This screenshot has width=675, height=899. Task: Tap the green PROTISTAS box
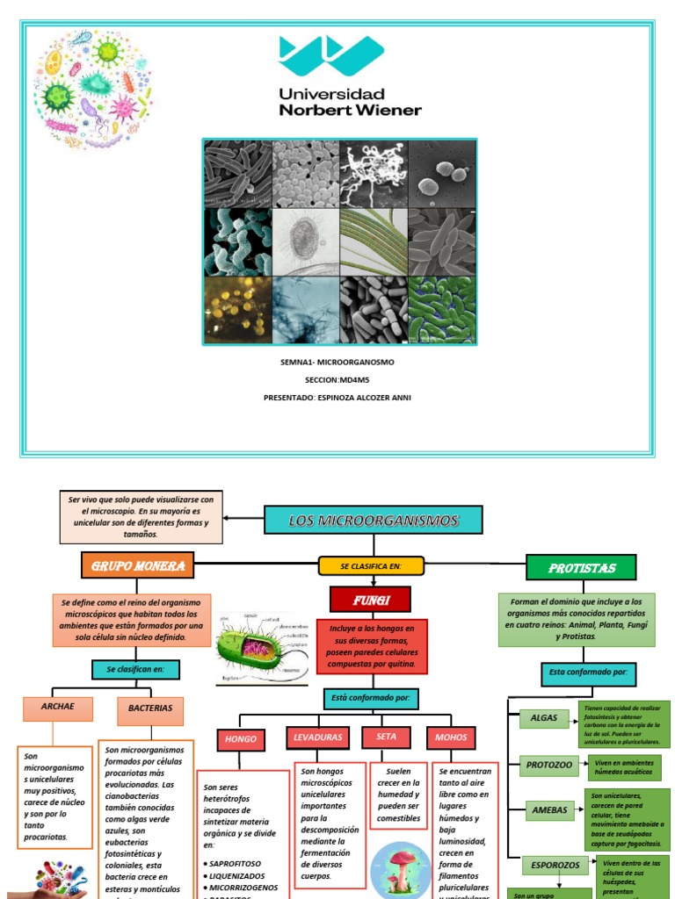point(582,568)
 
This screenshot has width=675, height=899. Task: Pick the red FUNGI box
point(370,600)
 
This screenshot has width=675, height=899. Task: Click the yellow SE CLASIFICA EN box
point(371,566)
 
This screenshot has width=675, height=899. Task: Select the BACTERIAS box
point(150,708)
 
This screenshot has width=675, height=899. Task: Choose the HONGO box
point(241,739)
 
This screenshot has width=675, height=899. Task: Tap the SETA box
point(386,737)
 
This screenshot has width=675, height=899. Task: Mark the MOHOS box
point(451,737)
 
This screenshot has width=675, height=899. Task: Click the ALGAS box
point(544,718)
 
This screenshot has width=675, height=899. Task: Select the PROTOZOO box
point(549,765)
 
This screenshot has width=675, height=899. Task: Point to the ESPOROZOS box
point(555,865)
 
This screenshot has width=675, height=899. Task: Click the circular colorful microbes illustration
point(92,89)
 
